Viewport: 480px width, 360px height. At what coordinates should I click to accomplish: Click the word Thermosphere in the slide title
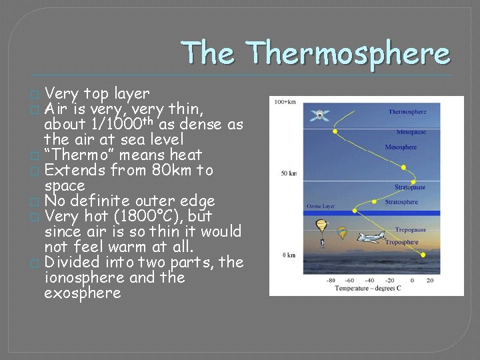click(347, 53)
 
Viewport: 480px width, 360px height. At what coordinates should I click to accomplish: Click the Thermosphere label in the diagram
click(407, 112)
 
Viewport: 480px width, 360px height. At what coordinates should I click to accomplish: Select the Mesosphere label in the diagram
click(401, 147)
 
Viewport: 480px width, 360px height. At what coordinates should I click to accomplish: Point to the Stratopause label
click(409, 188)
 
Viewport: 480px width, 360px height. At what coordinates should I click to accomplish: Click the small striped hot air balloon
click(342, 233)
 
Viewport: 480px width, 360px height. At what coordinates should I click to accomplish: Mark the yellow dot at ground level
click(423, 254)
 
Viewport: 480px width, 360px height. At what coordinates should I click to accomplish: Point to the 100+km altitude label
click(285, 102)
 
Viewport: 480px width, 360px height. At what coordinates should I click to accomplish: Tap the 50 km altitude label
click(288, 173)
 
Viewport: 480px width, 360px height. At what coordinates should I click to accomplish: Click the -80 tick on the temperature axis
click(330, 280)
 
